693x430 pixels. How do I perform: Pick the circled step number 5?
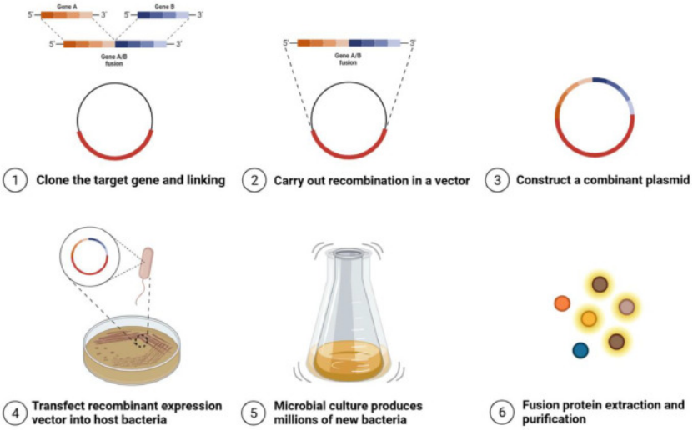click(x=254, y=412)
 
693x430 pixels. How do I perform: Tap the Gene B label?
click(x=164, y=5)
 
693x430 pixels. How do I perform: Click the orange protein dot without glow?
click(x=562, y=303)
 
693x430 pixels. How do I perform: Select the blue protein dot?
click(x=580, y=350)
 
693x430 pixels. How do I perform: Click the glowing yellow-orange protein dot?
click(x=589, y=318)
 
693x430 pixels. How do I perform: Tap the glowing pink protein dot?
click(x=626, y=307)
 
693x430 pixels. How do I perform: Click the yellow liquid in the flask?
click(x=344, y=362)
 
